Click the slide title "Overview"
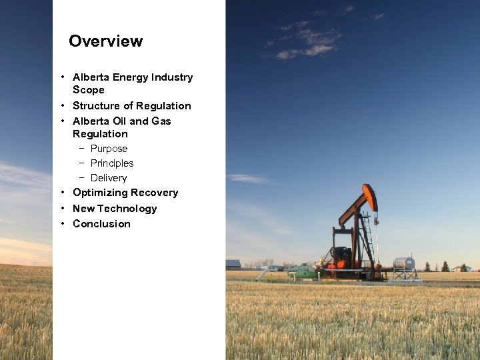tap(105, 41)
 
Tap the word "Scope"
tap(88, 90)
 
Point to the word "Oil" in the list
tap(118, 121)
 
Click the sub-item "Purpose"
tap(109, 149)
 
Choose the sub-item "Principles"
tap(112, 163)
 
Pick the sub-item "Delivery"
tap(108, 178)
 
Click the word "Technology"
tap(127, 209)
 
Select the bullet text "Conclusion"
tap(101, 224)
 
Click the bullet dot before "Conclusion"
tap(61, 224)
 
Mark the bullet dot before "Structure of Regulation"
tap(61, 106)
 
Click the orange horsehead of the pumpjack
tap(371, 197)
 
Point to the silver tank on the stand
tap(404, 263)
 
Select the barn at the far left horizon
tap(233, 264)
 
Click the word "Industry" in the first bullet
tap(172, 77)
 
